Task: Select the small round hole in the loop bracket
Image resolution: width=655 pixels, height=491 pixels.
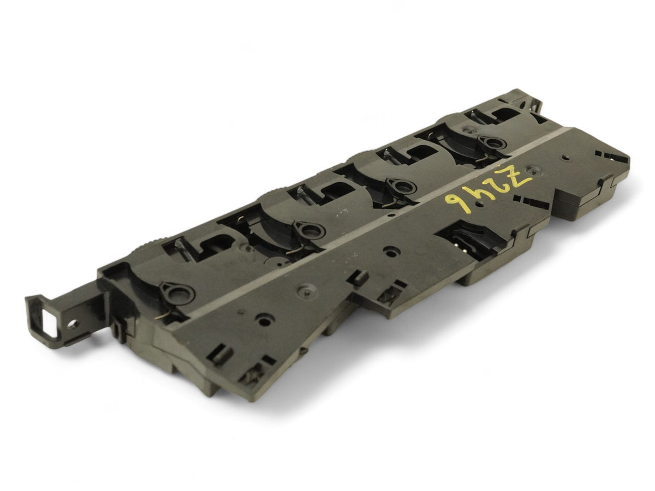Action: (x=74, y=322)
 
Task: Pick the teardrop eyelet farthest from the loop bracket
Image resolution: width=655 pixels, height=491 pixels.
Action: (x=492, y=143)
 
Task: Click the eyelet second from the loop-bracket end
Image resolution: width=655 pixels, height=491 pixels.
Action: (x=309, y=230)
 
